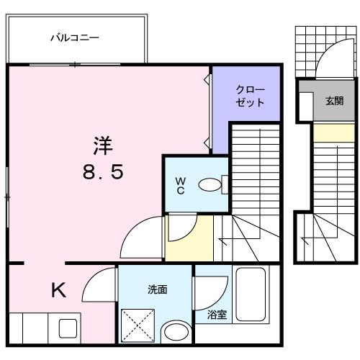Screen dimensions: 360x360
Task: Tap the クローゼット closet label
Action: point(250,96)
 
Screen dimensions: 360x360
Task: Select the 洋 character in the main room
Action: point(102,145)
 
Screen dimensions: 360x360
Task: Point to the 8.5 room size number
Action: point(102,172)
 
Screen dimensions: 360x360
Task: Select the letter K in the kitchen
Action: point(58,289)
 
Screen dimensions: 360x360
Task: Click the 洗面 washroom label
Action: point(158,289)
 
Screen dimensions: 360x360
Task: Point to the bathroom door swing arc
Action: point(210,292)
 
